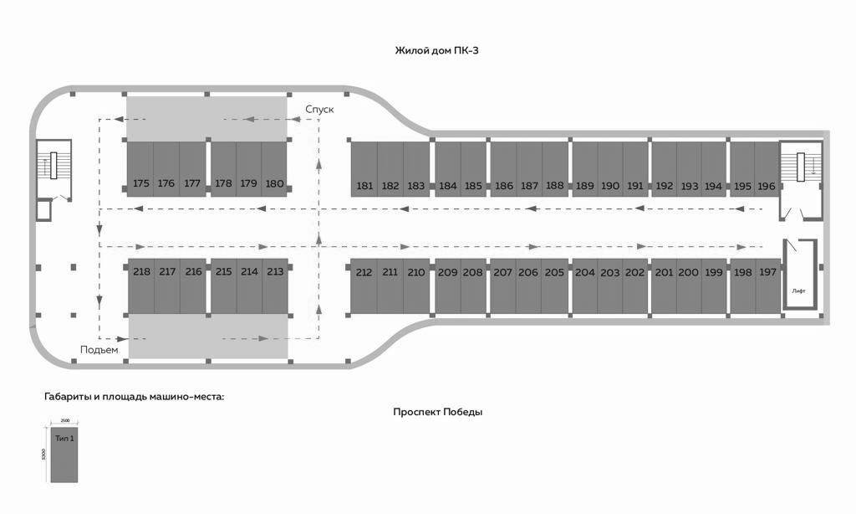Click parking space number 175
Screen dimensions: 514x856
pos(140,169)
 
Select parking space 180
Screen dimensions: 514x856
pos(274,169)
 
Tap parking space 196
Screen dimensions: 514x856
pos(767,169)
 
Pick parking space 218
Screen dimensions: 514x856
pos(141,285)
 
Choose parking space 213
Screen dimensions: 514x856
pos(274,285)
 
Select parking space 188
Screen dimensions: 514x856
pos(555,169)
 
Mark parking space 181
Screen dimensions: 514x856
pos(364,169)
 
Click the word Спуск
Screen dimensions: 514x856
pos(319,110)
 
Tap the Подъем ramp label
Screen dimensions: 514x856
pos(99,349)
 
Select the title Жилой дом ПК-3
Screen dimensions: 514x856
pos(437,51)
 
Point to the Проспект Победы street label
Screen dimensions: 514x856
pos(438,412)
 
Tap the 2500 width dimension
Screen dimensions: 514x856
pos(64,420)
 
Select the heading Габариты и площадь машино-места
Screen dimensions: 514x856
pos(135,396)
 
